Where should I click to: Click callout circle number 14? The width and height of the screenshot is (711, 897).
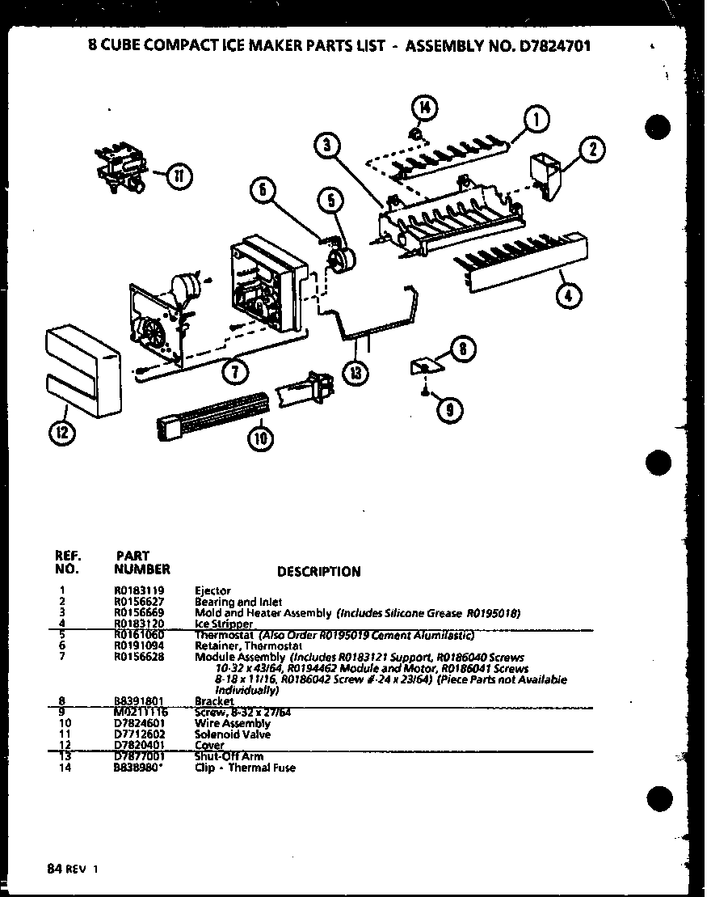click(x=425, y=107)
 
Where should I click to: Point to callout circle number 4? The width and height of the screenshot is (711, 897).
click(x=570, y=294)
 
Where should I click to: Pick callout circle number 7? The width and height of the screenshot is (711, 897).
click(x=234, y=370)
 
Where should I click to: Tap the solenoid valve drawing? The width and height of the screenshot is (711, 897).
click(x=120, y=168)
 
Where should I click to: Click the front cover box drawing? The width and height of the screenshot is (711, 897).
click(x=80, y=372)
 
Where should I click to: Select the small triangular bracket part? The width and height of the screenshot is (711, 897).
click(x=425, y=366)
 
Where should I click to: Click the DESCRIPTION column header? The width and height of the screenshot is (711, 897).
click(x=318, y=572)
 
